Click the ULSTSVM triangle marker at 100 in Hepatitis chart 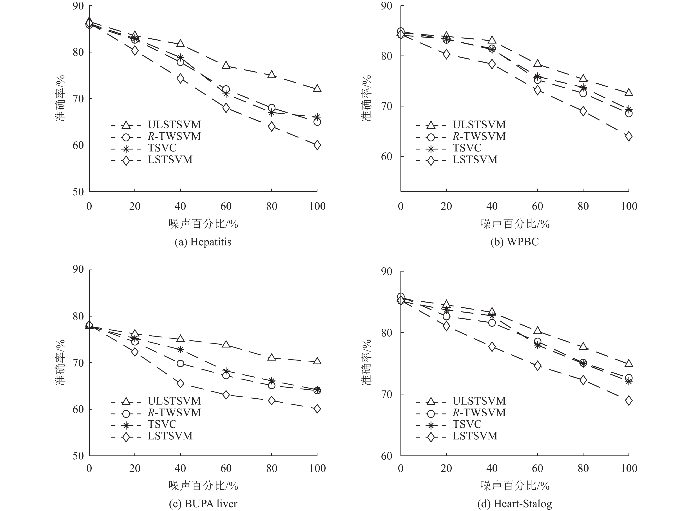317,89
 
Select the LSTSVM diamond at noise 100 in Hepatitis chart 317,145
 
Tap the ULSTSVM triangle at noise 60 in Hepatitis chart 226,65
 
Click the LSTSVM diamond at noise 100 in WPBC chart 629,136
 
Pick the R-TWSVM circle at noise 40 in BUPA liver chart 180,363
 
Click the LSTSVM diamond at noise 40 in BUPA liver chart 180,383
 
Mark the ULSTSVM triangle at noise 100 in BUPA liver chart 317,361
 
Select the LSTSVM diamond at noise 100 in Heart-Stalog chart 629,401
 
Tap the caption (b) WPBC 514,242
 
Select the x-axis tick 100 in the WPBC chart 629,206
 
